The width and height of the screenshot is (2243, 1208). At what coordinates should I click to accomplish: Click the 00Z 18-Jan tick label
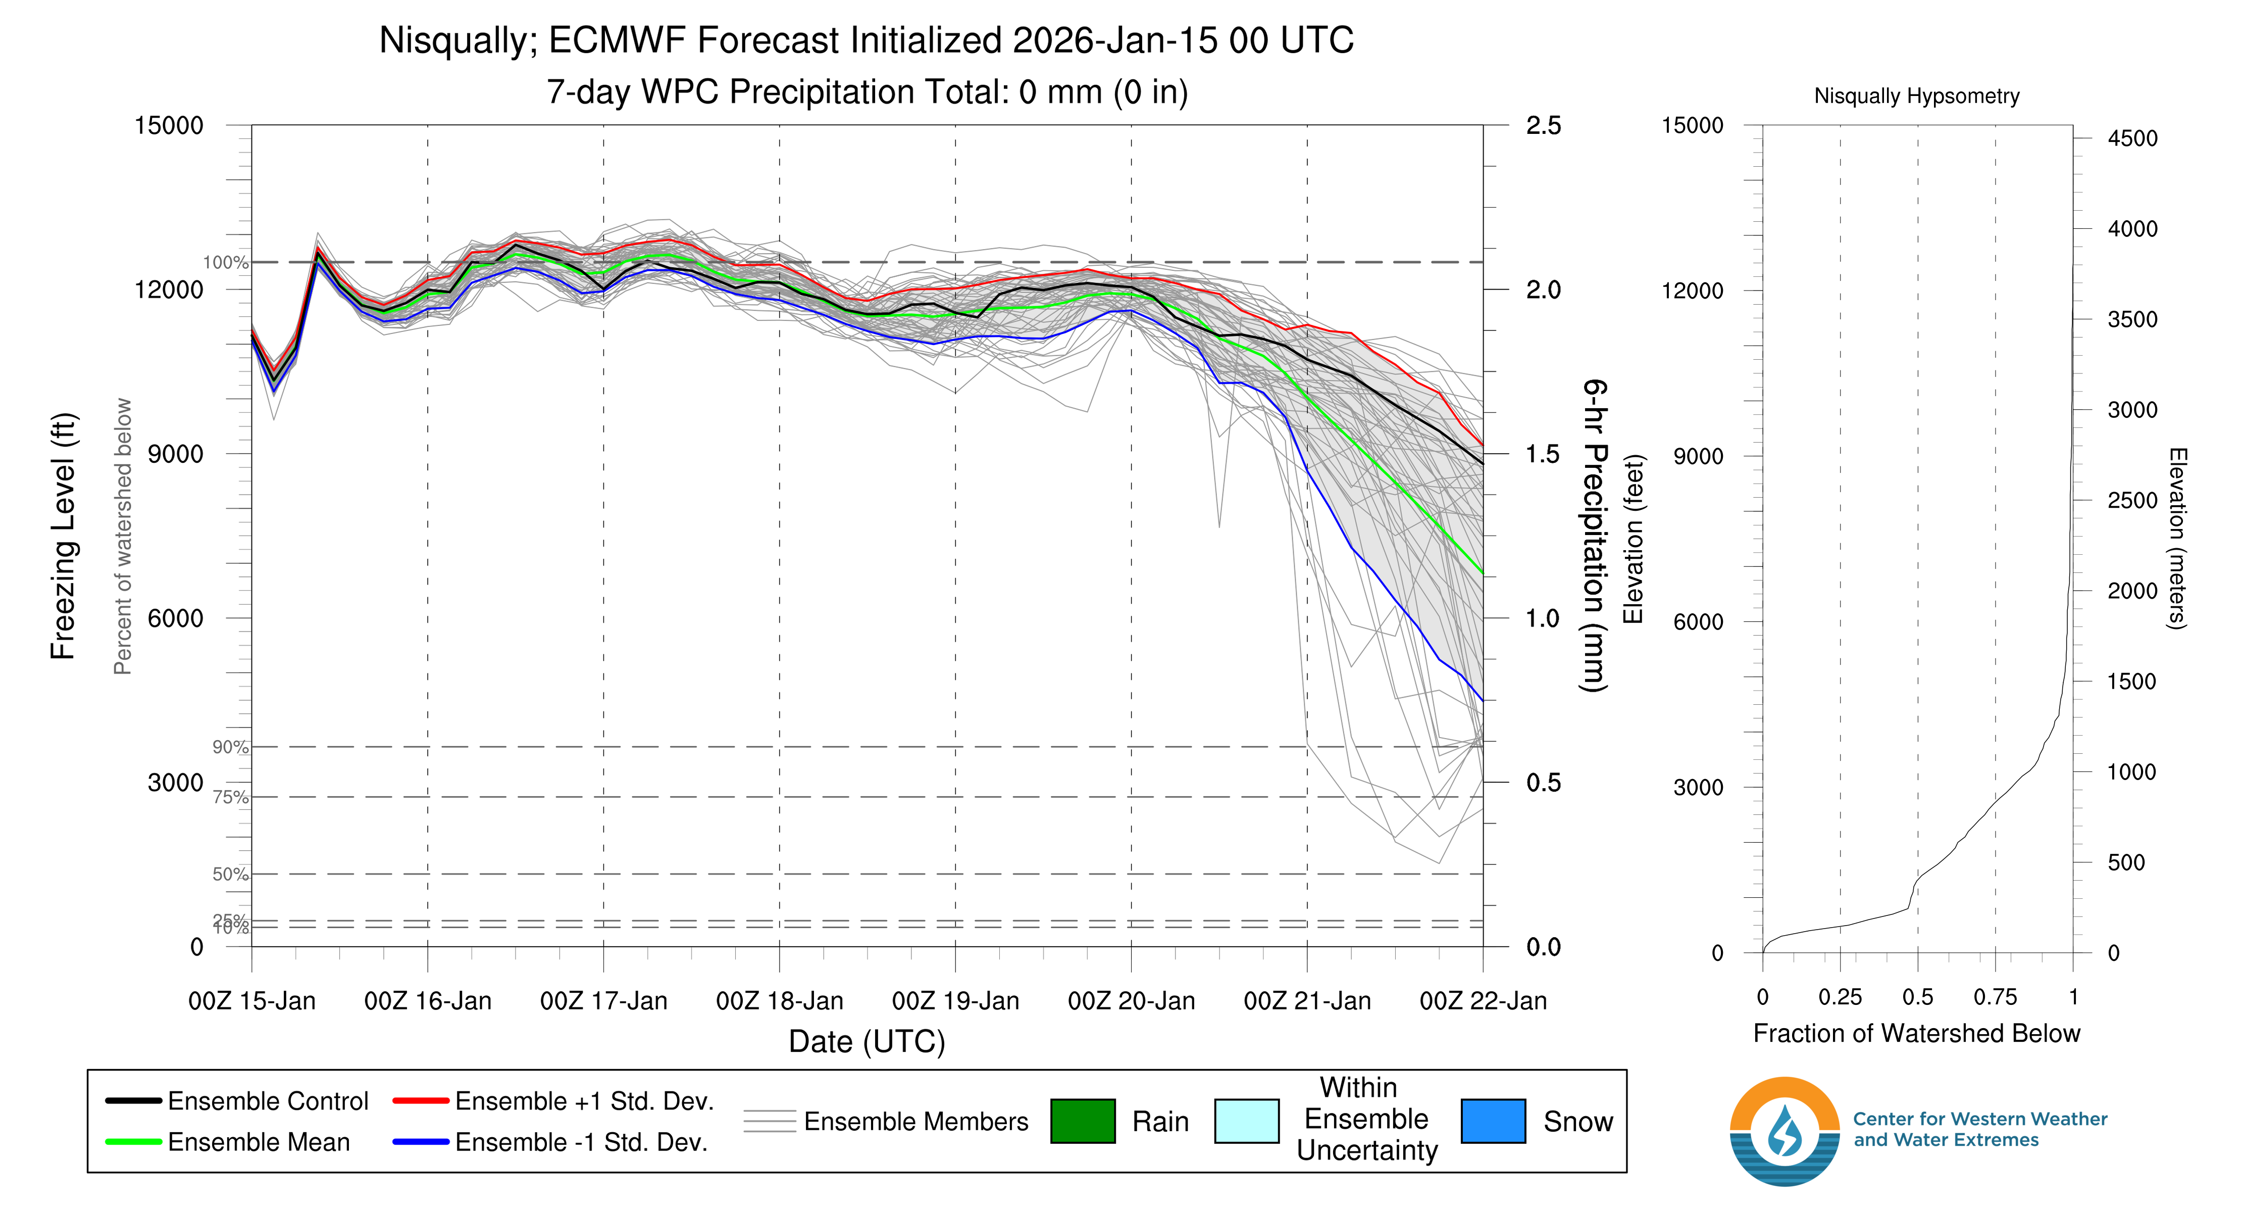click(x=779, y=1001)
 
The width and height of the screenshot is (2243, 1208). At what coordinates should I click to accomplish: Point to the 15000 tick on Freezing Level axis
click(x=168, y=125)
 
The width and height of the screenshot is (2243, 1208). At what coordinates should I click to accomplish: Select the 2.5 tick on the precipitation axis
click(x=1543, y=125)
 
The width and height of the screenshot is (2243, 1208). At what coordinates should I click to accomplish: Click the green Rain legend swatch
click(x=1082, y=1121)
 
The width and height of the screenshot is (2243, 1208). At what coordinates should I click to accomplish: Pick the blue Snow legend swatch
click(x=1493, y=1121)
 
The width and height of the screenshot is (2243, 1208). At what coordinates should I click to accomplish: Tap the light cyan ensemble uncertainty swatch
click(x=1246, y=1121)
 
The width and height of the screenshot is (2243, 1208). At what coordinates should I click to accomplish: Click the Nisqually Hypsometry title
click(x=1916, y=96)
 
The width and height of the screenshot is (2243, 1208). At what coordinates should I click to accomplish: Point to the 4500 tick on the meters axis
click(x=2131, y=137)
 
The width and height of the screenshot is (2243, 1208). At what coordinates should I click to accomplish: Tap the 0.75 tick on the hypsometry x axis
click(x=1995, y=997)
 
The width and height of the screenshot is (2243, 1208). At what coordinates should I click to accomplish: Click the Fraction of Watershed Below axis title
click(x=1916, y=1033)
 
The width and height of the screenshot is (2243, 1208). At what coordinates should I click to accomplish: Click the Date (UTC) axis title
click(x=866, y=1042)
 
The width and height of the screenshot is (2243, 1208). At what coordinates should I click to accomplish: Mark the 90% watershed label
click(x=230, y=747)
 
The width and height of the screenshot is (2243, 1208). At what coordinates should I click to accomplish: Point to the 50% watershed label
click(x=230, y=875)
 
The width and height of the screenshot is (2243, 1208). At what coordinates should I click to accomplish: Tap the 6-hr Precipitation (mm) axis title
click(x=1594, y=536)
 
